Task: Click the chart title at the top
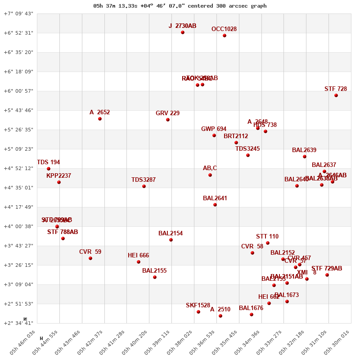click(180, 6)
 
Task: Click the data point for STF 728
click(336, 95)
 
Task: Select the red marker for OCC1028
click(225, 36)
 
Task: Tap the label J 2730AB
click(182, 26)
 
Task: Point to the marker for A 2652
click(100, 119)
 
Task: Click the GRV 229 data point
click(168, 120)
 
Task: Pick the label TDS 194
click(48, 162)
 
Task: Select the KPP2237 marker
click(59, 182)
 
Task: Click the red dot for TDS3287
click(144, 186)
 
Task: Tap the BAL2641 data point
click(215, 205)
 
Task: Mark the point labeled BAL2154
click(171, 240)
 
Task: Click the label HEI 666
click(138, 256)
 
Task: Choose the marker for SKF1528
click(198, 312)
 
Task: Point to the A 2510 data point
click(220, 316)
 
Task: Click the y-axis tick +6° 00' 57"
click(18, 91)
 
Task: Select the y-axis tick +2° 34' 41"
click(18, 323)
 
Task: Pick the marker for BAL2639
click(305, 157)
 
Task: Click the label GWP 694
click(214, 129)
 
